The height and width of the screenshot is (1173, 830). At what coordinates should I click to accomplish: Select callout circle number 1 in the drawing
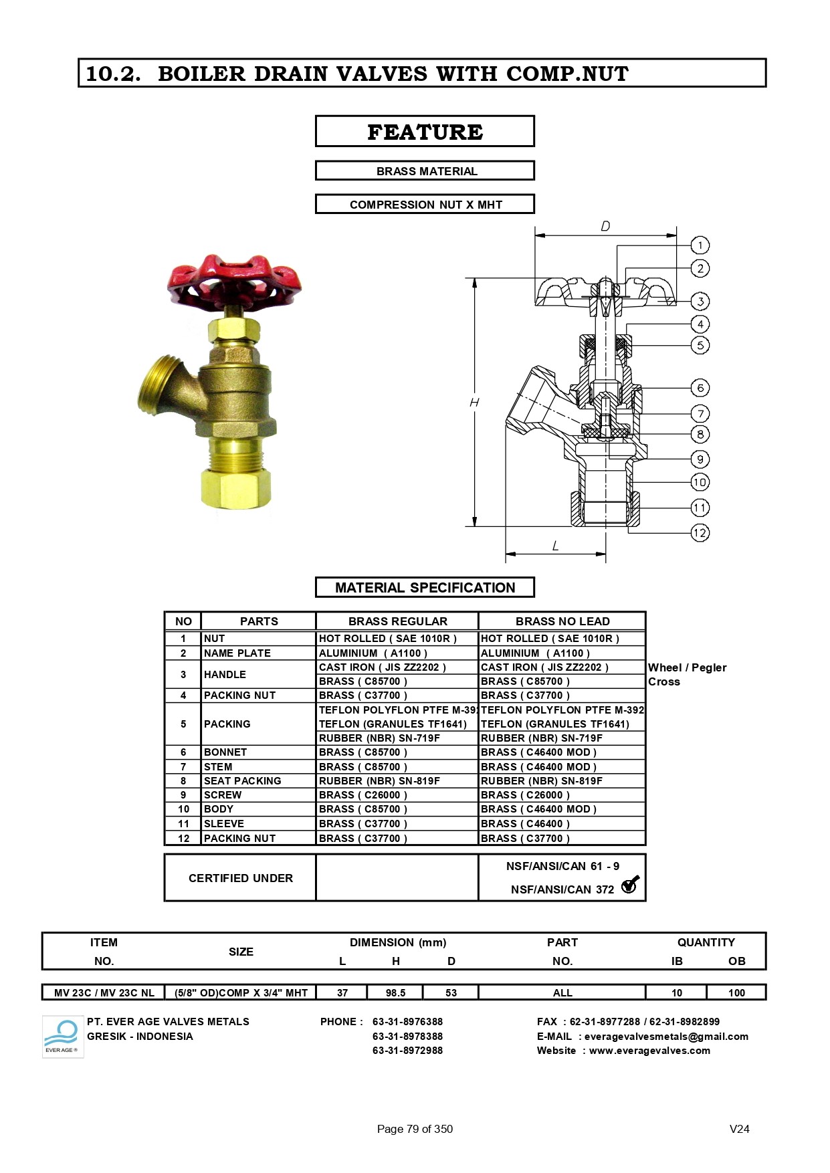coord(700,245)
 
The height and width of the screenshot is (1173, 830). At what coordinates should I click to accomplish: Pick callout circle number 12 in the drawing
coord(700,533)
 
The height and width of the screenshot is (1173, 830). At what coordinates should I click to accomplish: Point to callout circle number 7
coord(700,413)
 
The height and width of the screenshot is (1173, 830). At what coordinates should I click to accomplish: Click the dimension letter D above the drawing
coord(605,226)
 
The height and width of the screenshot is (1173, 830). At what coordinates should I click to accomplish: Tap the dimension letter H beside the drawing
coord(474,402)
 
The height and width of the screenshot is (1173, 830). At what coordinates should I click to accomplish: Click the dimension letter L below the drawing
coord(555,546)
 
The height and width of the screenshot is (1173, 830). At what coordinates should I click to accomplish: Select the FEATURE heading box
coord(425,131)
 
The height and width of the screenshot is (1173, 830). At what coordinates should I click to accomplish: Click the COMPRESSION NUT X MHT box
coord(425,204)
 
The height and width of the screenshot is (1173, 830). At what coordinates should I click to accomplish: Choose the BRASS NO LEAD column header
coord(562,621)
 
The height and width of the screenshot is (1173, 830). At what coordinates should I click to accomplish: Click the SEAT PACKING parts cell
coord(242,780)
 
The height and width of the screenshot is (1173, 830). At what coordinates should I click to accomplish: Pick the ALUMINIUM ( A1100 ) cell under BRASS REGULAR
coord(373,653)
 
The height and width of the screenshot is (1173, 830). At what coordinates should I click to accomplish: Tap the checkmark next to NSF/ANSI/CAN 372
coord(630,885)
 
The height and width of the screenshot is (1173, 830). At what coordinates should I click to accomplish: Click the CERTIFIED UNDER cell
coord(240,878)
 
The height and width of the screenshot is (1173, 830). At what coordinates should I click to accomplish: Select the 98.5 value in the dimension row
coord(395,992)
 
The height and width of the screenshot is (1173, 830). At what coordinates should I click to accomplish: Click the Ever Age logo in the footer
coord(62,1037)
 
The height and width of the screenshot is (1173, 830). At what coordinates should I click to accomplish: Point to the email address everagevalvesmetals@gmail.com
coord(665,1036)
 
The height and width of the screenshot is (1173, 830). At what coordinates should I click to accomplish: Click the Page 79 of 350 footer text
coord(415,1129)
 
